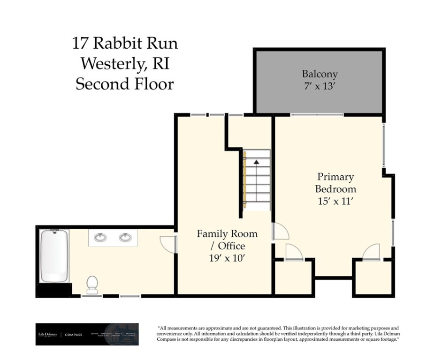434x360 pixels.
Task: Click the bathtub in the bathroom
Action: tap(54, 255)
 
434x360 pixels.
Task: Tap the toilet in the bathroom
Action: tap(92, 284)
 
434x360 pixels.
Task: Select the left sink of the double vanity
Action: tap(100, 238)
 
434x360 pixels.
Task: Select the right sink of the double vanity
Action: tap(125, 238)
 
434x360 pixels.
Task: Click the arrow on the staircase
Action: tap(256, 162)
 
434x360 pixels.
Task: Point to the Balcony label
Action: tap(320, 74)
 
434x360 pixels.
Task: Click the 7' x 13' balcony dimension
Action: tap(320, 86)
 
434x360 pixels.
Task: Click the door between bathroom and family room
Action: tap(168, 244)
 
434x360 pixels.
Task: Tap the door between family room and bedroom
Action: tap(281, 232)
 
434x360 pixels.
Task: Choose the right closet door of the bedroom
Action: tap(371, 252)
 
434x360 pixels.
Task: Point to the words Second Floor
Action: tap(124, 84)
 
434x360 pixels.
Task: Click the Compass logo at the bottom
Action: tap(74, 335)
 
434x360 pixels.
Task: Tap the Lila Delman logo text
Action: tap(47, 334)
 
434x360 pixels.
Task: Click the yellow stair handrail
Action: tap(244, 180)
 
